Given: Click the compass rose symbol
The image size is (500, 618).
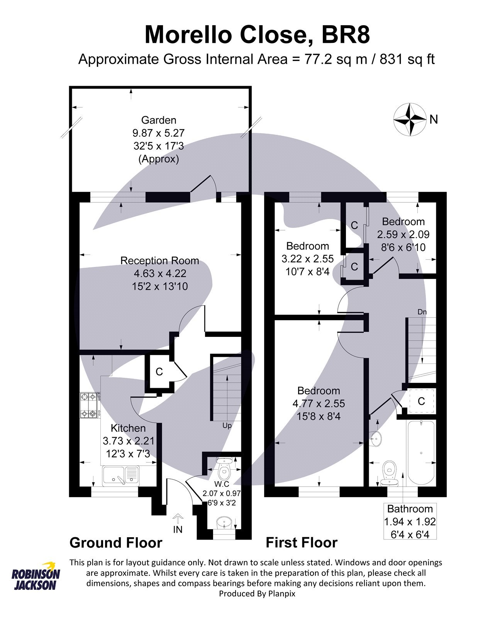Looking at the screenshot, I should tap(409, 119).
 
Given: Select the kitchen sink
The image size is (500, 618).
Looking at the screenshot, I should tap(121, 475).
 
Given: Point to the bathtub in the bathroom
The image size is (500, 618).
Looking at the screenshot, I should tap(421, 452).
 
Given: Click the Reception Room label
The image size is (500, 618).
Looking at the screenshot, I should tap(159, 261).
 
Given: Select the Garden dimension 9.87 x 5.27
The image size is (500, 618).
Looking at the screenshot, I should tap(158, 133).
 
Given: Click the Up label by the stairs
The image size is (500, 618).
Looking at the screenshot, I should tap(227, 426).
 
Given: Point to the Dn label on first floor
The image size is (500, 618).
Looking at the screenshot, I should tap(422, 312).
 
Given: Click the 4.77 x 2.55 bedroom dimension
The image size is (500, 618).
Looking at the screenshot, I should tap(319, 404).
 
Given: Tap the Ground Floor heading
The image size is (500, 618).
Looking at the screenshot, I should tap(116, 543).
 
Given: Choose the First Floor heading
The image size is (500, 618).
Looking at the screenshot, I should tap(302, 543).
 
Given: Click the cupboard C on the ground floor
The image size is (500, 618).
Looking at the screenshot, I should tap(159, 372).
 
